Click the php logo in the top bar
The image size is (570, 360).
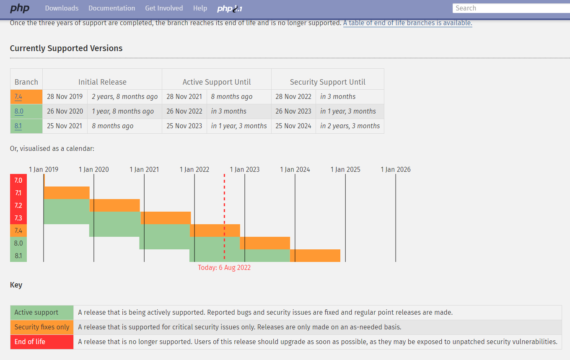pyautogui.click(x=20, y=8)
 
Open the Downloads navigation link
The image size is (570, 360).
pyautogui.click(x=62, y=8)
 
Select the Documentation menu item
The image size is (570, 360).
pyautogui.click(x=111, y=8)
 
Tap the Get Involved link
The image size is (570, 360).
pyautogui.click(x=164, y=8)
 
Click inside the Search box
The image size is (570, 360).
pyautogui.click(x=510, y=8)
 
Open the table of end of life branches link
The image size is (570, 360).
pyautogui.click(x=407, y=23)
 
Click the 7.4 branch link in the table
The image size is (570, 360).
pyautogui.click(x=18, y=97)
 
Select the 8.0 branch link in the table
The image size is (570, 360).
pyautogui.click(x=18, y=111)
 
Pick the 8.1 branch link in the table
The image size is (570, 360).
pyautogui.click(x=18, y=126)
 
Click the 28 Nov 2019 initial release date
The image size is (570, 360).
pyautogui.click(x=65, y=97)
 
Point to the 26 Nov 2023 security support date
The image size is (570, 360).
pyautogui.click(x=293, y=111)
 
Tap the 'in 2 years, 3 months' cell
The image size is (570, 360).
pyautogui.click(x=350, y=126)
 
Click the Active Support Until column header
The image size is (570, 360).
pyautogui.click(x=217, y=82)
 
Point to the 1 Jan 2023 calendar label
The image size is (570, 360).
pyautogui.click(x=244, y=170)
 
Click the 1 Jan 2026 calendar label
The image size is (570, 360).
pyautogui.click(x=395, y=170)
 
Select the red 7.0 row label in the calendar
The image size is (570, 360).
pyautogui.click(x=18, y=180)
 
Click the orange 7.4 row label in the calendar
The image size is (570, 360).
pyautogui.click(x=18, y=231)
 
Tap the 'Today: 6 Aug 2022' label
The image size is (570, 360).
pyautogui.click(x=224, y=268)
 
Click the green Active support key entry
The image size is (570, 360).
pyautogui.click(x=36, y=313)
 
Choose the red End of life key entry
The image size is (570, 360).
pyautogui.click(x=30, y=342)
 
